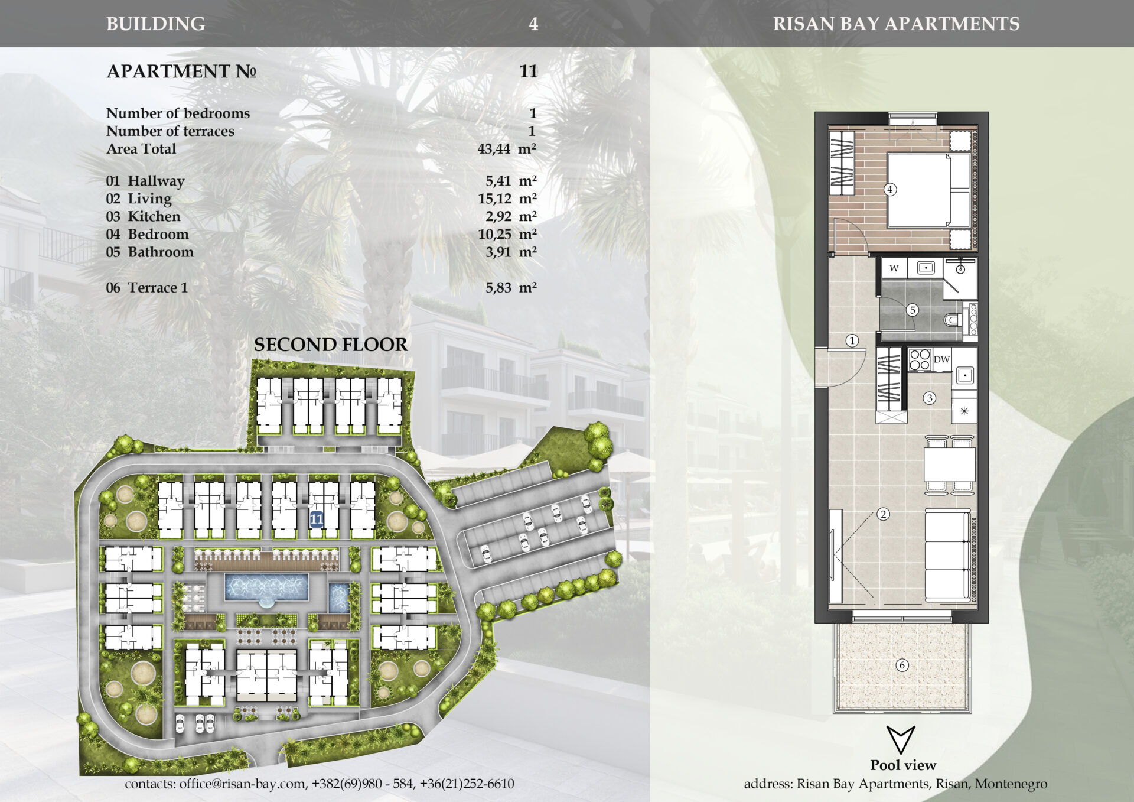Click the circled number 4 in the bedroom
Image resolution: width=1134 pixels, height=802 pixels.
889,190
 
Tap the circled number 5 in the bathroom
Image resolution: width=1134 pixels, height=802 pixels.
913,310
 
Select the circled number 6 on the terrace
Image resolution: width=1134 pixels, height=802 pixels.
902,665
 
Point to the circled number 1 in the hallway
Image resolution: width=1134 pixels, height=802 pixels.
852,340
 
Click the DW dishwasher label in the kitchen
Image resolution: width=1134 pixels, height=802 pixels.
942,359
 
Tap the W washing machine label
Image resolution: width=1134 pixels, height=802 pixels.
894,268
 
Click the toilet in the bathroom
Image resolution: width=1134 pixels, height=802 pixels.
953,321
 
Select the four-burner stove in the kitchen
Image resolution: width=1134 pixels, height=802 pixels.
920,359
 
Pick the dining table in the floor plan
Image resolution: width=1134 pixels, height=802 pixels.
950,465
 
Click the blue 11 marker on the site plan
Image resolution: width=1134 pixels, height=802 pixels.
317,519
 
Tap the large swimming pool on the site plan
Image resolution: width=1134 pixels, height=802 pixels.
266,587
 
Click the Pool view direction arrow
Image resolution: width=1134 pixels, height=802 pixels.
901,739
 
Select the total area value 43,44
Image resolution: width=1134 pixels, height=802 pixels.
494,149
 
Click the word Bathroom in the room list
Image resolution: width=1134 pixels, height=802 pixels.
161,252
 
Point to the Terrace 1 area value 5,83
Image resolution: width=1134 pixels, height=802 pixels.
498,288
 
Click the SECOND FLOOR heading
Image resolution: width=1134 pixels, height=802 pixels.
331,345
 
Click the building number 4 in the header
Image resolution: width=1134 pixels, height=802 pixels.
533,24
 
